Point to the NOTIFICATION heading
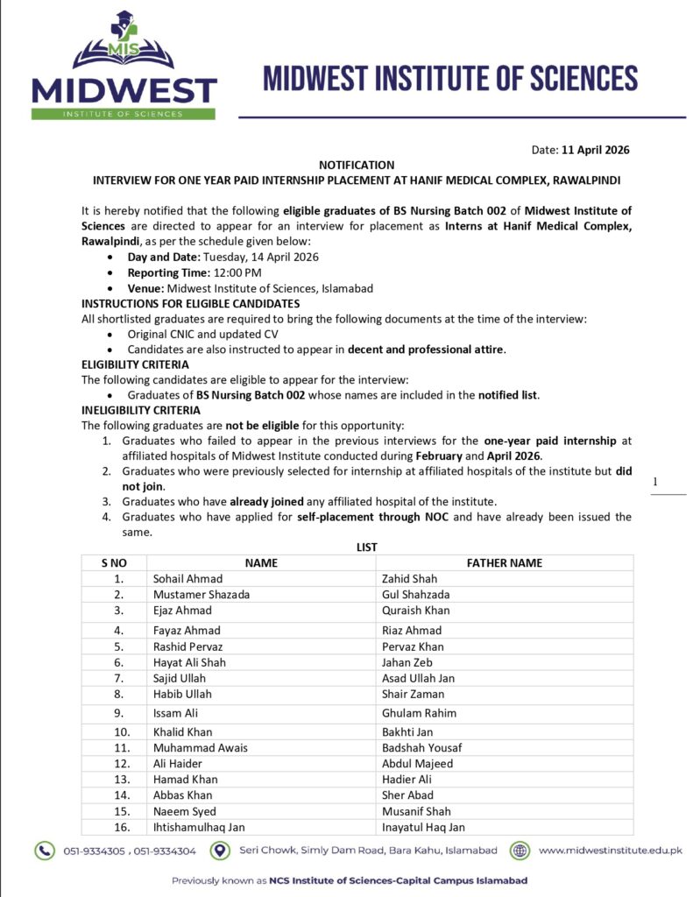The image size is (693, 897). [357, 164]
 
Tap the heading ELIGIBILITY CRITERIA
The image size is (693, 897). [135, 364]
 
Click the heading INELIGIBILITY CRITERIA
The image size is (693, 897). [141, 410]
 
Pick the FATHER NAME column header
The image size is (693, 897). [504, 562]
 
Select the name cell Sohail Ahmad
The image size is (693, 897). [187, 578]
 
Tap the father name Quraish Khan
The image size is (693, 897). [415, 610]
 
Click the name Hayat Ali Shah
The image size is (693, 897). [189, 662]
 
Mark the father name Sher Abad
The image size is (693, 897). [407, 795]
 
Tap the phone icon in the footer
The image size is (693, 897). [44, 850]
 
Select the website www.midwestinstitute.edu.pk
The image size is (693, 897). [610, 850]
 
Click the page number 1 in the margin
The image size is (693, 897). [654, 481]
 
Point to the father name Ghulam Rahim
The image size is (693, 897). [419, 713]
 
